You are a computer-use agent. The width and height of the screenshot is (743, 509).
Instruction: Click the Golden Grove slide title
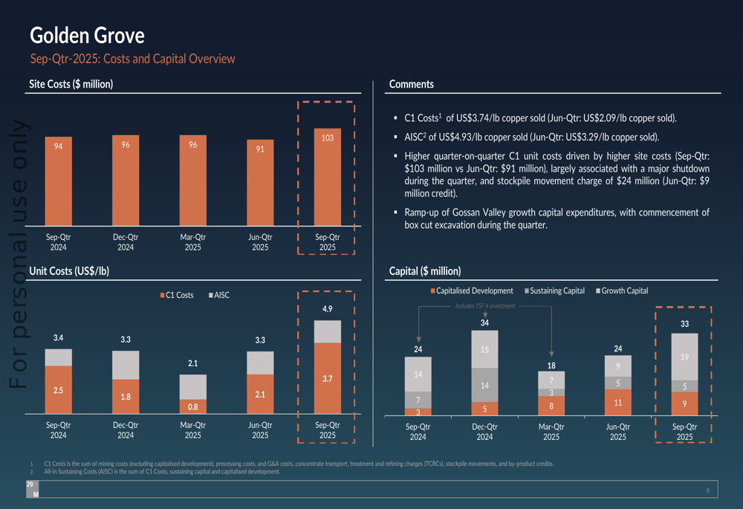(x=87, y=35)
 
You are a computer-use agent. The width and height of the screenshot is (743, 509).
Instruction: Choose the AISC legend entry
(x=221, y=295)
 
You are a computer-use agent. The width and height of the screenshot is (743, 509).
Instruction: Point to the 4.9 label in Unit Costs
(x=327, y=308)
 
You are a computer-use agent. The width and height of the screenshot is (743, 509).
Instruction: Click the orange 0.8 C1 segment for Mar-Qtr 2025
(x=192, y=406)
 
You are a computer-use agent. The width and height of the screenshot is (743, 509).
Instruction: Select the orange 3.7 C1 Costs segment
(x=327, y=378)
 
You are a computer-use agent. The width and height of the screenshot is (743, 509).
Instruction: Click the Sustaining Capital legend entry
(x=557, y=291)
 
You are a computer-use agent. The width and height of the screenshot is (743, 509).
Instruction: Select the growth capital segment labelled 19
(x=684, y=357)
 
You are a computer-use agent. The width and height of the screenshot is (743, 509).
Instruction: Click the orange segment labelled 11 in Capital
(x=617, y=402)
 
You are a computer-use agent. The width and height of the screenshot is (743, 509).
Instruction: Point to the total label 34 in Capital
(x=484, y=322)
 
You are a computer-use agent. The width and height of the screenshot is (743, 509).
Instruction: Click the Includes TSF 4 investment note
(x=485, y=306)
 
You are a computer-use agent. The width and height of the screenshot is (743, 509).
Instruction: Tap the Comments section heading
(x=411, y=85)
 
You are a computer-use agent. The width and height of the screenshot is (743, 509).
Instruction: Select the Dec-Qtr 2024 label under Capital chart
(x=484, y=432)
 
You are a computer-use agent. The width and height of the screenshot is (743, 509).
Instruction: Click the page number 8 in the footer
(x=707, y=490)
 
